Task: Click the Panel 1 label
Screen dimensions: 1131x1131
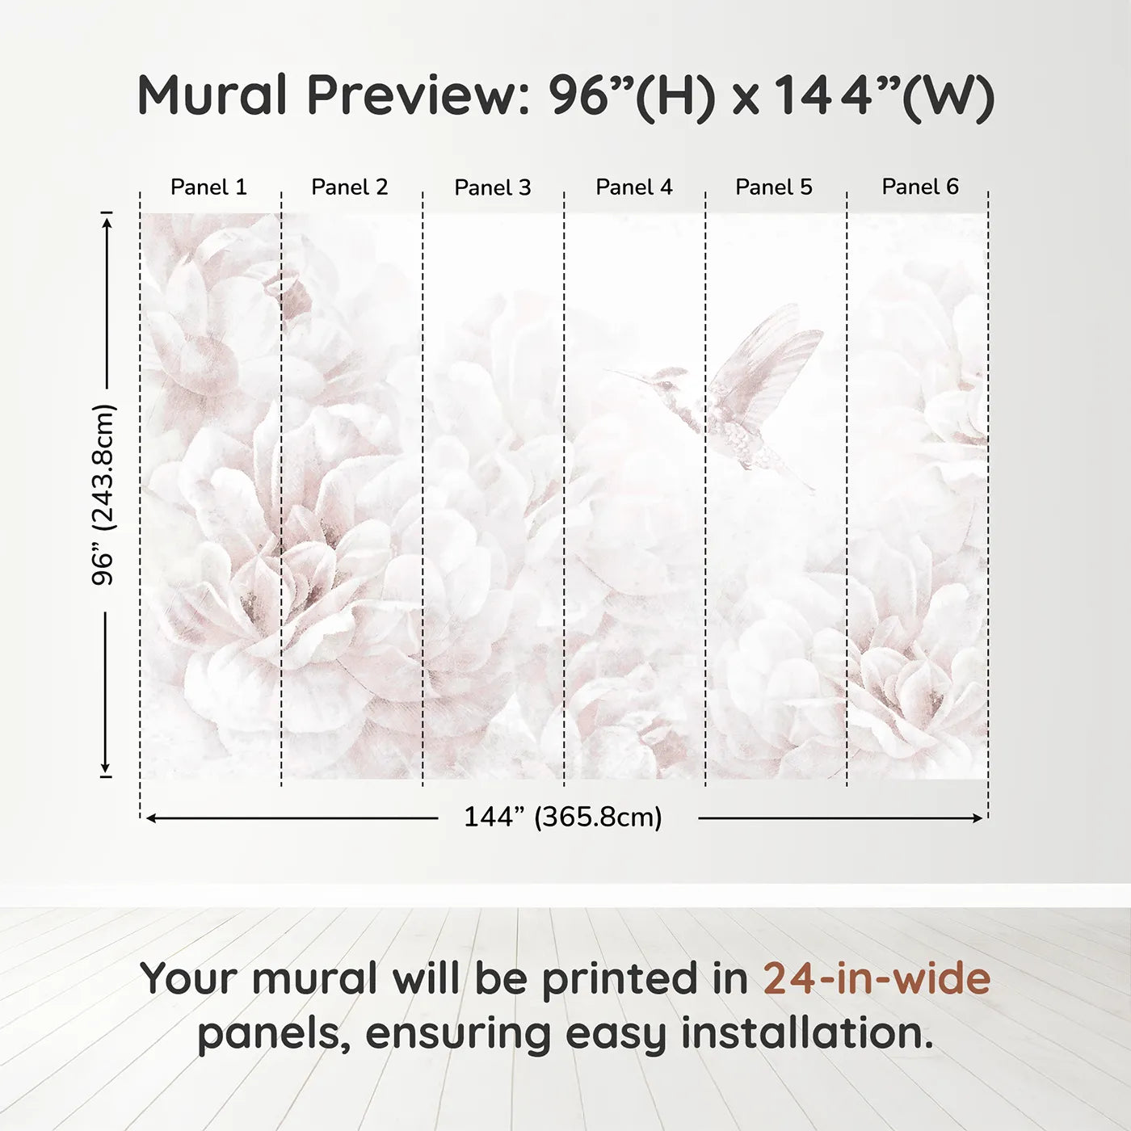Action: pos(208,187)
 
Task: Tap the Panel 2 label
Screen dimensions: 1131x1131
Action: pos(350,187)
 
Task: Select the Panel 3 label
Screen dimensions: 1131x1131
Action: pos(493,188)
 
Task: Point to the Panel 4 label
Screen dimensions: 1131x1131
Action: pos(634,187)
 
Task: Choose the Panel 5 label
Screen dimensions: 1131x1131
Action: pos(774,187)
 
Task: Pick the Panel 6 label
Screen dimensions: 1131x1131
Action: pos(920,187)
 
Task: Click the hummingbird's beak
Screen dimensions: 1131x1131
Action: pos(627,374)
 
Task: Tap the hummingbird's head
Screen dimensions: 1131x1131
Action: pos(669,381)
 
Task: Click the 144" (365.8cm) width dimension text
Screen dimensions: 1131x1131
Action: pos(563,818)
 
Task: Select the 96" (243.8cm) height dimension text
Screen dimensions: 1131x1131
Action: pos(103,494)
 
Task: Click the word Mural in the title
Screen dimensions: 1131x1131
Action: pos(212,95)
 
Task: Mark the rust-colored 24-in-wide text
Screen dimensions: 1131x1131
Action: pos(877,979)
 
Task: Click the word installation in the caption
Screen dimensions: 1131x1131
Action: pos(806,1034)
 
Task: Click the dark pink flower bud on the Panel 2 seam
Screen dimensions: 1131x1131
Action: pos(292,297)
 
